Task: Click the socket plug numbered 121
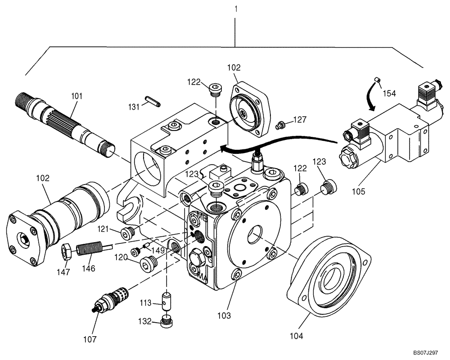[x=128, y=232]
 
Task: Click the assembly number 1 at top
[x=235, y=9]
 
